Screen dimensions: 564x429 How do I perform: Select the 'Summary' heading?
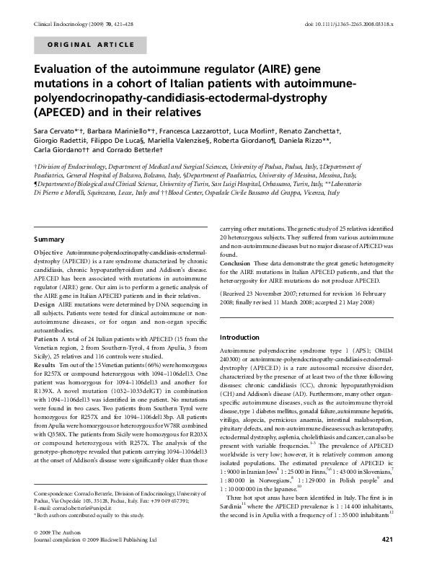click(50, 239)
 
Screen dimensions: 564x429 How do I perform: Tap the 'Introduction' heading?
click(239, 338)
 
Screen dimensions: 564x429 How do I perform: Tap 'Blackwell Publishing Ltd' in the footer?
click(128, 559)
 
